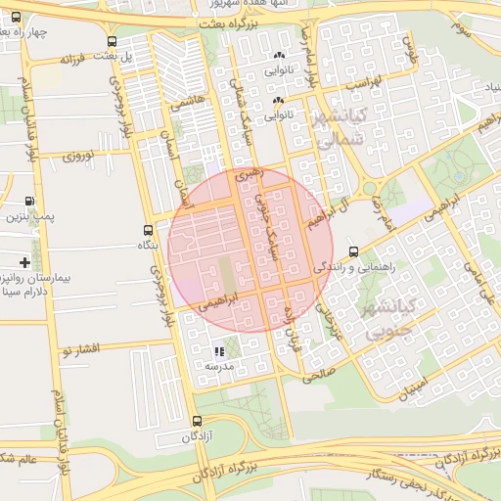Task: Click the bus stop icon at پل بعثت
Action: pyautogui.click(x=114, y=42)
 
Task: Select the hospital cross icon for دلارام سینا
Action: pyautogui.click(x=24, y=262)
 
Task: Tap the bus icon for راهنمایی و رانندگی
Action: pyautogui.click(x=352, y=250)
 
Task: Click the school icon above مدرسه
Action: pyautogui.click(x=218, y=350)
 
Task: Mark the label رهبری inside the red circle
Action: pyautogui.click(x=250, y=175)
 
